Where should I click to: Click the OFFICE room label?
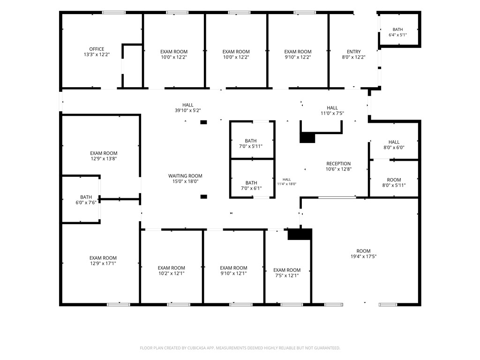click(97, 49)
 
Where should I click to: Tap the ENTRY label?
click(353, 52)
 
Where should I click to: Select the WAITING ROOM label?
click(185, 176)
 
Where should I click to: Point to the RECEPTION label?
click(338, 164)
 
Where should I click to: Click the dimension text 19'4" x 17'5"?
click(363, 256)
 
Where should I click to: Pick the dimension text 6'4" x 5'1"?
click(397, 35)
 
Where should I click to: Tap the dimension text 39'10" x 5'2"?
click(187, 111)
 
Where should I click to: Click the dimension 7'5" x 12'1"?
click(287, 276)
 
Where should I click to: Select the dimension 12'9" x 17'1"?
click(103, 263)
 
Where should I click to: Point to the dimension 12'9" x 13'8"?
click(104, 158)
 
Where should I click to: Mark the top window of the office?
click(114, 13)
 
